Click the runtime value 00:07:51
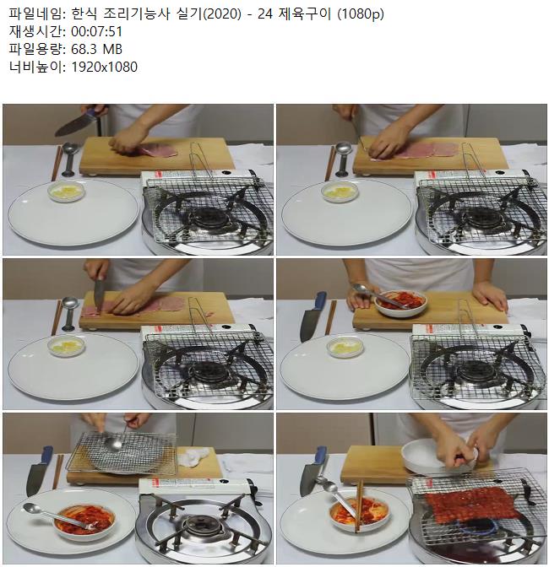(x=96, y=32)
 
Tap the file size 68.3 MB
(x=96, y=49)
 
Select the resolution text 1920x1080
(x=104, y=67)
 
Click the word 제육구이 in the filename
(x=305, y=14)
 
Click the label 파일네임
(x=35, y=14)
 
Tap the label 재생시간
(x=35, y=32)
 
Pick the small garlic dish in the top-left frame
(x=66, y=192)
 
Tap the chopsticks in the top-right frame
(x=329, y=163)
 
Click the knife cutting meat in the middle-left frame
(x=100, y=291)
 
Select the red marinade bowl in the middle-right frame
(x=400, y=304)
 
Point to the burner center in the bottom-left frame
(x=200, y=526)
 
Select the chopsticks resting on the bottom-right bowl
(x=359, y=505)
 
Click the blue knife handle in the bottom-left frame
(x=47, y=456)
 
